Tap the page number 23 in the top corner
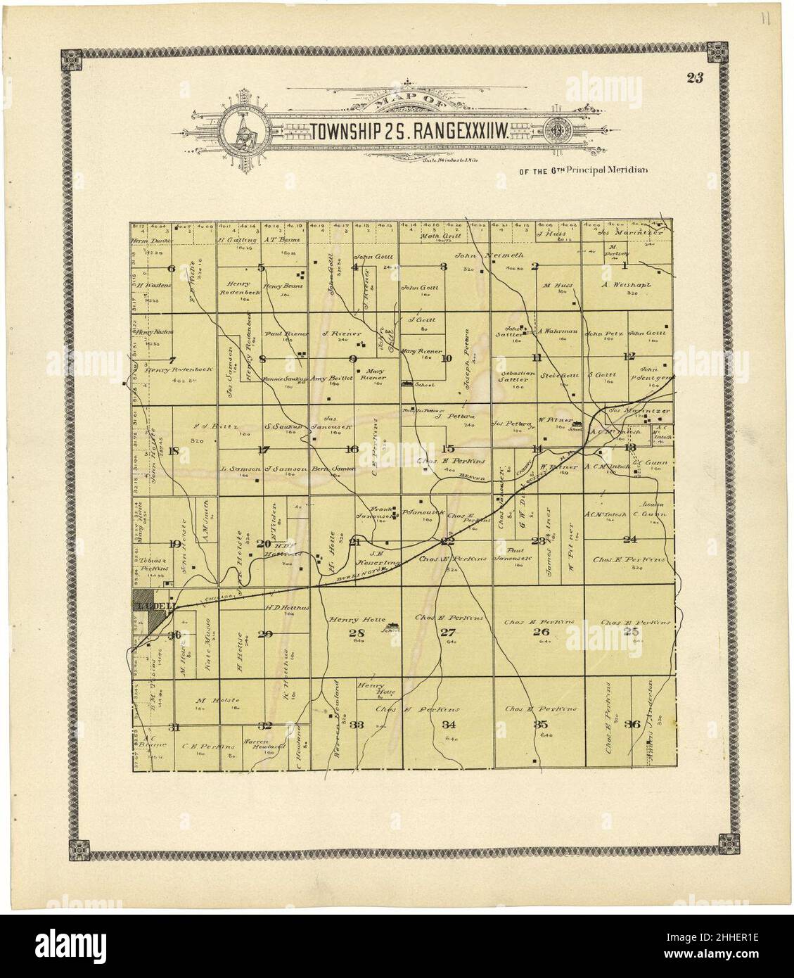tap(696, 78)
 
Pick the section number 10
tap(446, 358)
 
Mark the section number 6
tap(171, 268)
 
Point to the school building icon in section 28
tap(391, 624)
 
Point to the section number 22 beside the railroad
tap(447, 541)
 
